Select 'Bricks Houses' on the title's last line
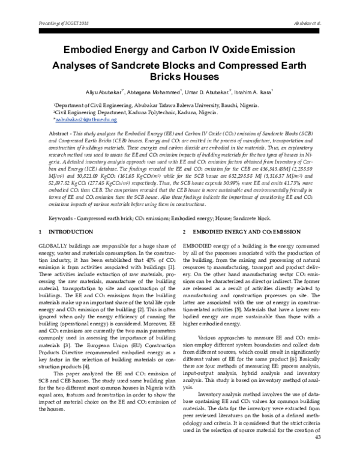180,78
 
